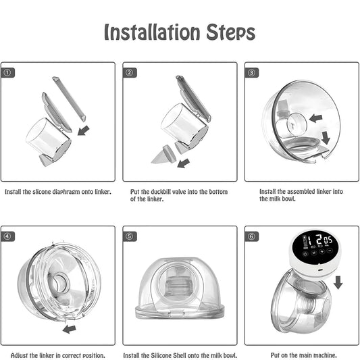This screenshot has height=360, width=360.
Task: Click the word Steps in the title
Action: (230, 32)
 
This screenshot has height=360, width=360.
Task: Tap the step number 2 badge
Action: (130, 72)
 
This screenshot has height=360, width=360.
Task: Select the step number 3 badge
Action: (251, 72)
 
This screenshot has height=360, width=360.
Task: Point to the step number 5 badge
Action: (130, 236)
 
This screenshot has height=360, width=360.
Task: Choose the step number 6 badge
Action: (251, 236)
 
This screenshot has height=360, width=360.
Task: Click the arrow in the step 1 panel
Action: (83, 129)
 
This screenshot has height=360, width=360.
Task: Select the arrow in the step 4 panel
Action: (69, 329)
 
